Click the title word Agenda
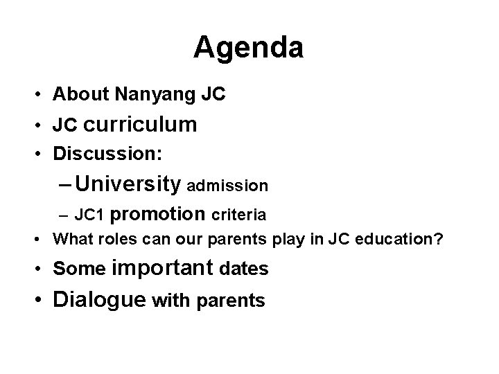tap(249, 47)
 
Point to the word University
tap(129, 185)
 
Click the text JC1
tap(89, 215)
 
